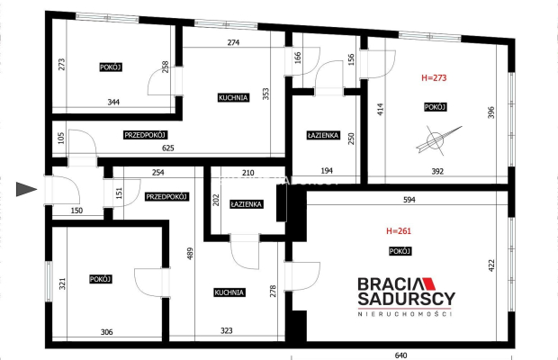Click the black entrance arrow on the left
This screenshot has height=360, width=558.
pos(26,189)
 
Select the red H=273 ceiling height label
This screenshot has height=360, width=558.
pos(434,77)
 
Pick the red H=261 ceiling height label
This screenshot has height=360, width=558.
pos(399,231)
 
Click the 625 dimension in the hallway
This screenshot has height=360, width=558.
pos(168,148)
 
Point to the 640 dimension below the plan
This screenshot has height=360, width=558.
pos(400,355)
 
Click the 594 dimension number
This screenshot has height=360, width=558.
pos(409,200)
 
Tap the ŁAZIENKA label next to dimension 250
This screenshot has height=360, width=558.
pos(323,135)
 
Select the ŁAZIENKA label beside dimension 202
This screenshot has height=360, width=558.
pos(247,204)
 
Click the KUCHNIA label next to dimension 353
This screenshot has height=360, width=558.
pos(233,97)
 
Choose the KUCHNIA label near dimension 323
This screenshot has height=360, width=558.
pos(229,292)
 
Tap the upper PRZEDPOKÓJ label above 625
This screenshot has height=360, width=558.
pos(146,135)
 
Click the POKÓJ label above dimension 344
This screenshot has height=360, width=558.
pos(111,67)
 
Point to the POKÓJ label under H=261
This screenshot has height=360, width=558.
pos(400,251)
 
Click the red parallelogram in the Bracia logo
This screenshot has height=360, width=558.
pos(428,283)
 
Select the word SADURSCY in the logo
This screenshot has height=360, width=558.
pos(407,299)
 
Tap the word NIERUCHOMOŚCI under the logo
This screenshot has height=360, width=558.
pos(405,314)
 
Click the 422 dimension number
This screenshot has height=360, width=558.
pos(491,265)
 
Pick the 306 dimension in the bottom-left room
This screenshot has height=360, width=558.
pos(107,332)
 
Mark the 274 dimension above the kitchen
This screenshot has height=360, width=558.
pos(233,42)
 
